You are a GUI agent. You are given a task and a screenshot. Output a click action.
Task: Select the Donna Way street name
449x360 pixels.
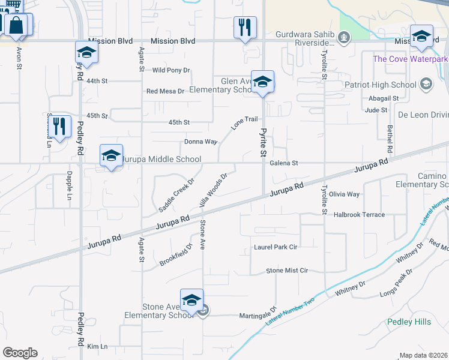(x=200, y=142)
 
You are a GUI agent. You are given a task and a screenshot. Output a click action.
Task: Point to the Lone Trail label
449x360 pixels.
(x=244, y=123)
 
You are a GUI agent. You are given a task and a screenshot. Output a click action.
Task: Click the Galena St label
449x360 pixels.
(x=284, y=163)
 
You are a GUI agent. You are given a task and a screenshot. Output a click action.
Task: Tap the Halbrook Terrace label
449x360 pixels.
(x=359, y=214)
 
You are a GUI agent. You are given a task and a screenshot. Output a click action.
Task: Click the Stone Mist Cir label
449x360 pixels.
(x=286, y=271)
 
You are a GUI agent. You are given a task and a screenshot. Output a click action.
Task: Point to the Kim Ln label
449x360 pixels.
(x=97, y=347)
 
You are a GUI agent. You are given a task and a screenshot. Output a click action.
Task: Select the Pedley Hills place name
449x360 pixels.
(x=409, y=322)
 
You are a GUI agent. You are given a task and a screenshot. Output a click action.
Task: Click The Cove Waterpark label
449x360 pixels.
(x=411, y=59)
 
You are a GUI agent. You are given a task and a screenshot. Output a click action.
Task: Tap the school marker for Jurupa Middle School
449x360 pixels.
(x=111, y=155)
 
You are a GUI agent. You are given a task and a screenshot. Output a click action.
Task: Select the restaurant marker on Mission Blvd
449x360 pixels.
(x=245, y=27)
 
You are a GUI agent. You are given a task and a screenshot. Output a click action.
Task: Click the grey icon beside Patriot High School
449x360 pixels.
(x=426, y=83)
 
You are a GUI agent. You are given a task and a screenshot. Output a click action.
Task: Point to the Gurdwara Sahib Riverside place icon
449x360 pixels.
(x=343, y=39)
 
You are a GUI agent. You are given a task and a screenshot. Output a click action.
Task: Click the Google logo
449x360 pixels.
(x=20, y=353)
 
